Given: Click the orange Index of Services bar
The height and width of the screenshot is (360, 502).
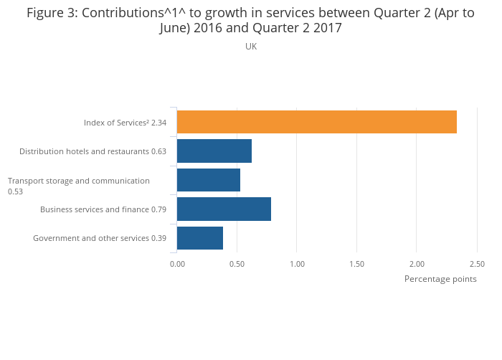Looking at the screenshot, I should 316,122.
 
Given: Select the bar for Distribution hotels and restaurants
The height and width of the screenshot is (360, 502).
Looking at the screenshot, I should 214,151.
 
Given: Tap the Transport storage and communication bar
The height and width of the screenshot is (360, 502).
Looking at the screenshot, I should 208,180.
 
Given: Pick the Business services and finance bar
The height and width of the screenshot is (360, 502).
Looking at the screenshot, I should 224,209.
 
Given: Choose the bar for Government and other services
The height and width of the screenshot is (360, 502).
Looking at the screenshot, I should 199,237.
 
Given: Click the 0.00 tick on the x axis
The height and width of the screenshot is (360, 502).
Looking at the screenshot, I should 177,264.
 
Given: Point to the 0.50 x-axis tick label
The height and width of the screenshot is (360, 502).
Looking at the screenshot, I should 237,264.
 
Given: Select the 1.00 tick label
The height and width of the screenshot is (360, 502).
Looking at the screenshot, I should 297,264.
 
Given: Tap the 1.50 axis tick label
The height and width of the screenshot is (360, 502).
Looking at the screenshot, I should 357,264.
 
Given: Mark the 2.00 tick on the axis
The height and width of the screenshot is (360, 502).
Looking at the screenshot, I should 417,264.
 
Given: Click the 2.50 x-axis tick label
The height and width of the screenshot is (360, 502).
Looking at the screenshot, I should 476,264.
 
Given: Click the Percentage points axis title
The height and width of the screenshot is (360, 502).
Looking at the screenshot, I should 440,279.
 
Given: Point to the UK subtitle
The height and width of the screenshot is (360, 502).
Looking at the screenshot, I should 251,47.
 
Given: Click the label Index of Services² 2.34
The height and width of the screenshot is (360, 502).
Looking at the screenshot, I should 125,123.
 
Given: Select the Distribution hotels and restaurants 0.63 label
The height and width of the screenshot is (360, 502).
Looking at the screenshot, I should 93,151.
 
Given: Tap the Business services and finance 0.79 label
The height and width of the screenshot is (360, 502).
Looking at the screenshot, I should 103,209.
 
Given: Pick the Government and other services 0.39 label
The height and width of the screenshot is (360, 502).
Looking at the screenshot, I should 100,238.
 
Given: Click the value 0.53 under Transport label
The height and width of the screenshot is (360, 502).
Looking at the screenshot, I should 16,191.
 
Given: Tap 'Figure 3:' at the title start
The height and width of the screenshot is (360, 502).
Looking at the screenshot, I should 52,13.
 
